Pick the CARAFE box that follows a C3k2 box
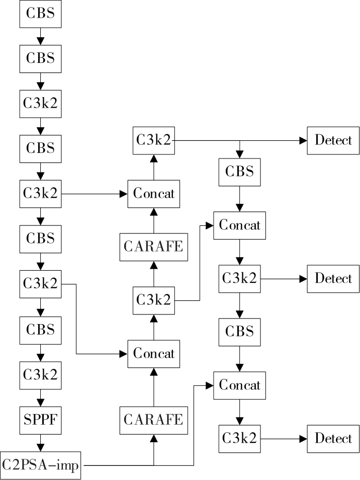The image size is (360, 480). click(154, 247)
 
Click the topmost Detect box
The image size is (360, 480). click(333, 140)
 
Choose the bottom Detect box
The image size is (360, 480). click(333, 438)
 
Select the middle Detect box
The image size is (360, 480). click(333, 278)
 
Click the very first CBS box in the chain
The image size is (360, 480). click(40, 14)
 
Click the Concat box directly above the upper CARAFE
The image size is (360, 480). click(154, 193)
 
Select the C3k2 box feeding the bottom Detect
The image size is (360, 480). click(239, 438)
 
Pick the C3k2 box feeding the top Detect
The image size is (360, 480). click(154, 140)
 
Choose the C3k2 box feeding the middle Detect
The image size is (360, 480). click(239, 278)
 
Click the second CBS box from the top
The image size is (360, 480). click(40, 57)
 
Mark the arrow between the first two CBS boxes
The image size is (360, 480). click(40, 36)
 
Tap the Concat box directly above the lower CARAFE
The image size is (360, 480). click(154, 353)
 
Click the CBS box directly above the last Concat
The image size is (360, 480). click(239, 332)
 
